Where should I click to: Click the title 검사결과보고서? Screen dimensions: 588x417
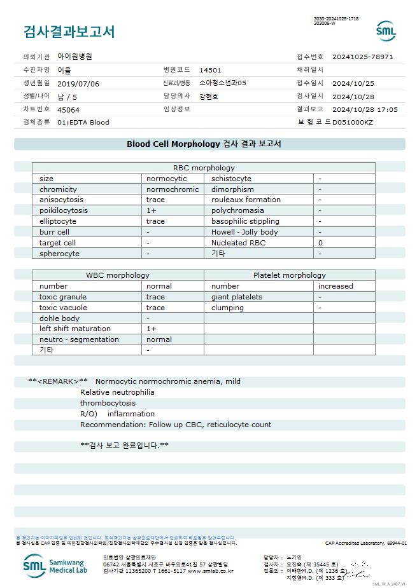(x=69, y=31)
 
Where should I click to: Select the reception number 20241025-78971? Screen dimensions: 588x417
(x=362, y=57)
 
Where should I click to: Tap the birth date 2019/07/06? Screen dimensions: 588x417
(x=78, y=83)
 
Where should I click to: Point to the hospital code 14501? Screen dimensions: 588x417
(x=210, y=70)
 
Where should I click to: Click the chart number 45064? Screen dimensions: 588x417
(x=68, y=109)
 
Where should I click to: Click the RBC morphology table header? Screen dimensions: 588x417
(x=204, y=168)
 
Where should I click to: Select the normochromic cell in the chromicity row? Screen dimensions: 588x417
(x=173, y=189)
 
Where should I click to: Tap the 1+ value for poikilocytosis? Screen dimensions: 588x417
(x=152, y=210)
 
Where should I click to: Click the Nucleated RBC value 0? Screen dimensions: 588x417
(x=320, y=243)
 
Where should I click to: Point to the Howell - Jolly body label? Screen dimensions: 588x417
(x=244, y=232)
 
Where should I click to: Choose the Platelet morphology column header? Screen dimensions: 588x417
(x=289, y=275)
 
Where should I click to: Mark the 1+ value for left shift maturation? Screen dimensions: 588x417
(x=152, y=329)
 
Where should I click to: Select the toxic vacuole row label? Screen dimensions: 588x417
(x=63, y=308)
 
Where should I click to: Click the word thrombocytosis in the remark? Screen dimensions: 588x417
(x=108, y=403)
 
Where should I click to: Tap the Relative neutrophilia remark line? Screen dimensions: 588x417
(x=117, y=392)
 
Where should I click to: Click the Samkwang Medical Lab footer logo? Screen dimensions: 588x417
(x=57, y=564)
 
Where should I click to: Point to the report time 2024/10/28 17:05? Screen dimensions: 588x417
(x=365, y=109)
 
